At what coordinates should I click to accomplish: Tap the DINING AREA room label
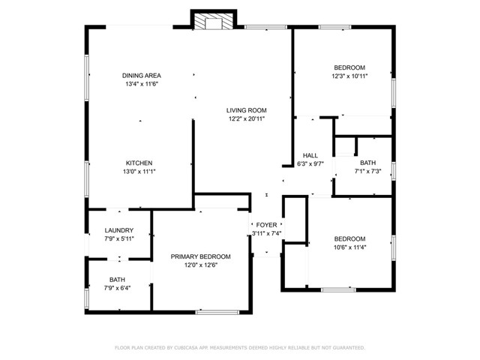pyautogui.click(x=142, y=76)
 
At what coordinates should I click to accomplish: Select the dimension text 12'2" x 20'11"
pyautogui.click(x=247, y=118)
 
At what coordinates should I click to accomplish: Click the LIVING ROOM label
pyautogui.click(x=247, y=110)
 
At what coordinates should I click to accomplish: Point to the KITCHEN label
pyautogui.click(x=139, y=163)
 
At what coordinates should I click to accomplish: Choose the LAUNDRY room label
pyautogui.click(x=119, y=230)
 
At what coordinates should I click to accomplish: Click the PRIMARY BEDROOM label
pyautogui.click(x=200, y=256)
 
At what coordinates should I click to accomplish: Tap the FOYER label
pyautogui.click(x=266, y=224)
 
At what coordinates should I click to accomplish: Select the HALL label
pyautogui.click(x=310, y=155)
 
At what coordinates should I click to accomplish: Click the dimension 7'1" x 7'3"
pyautogui.click(x=367, y=171)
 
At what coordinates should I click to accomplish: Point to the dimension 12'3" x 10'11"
pyautogui.click(x=349, y=76)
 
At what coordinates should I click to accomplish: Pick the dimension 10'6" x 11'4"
pyautogui.click(x=349, y=247)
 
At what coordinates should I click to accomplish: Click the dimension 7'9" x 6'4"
pyautogui.click(x=118, y=287)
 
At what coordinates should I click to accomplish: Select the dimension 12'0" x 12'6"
pyautogui.click(x=200, y=265)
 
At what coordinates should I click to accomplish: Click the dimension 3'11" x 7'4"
pyautogui.click(x=266, y=233)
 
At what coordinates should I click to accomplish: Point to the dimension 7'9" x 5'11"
pyautogui.click(x=119, y=238)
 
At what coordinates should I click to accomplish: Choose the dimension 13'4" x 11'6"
pyautogui.click(x=142, y=84)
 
